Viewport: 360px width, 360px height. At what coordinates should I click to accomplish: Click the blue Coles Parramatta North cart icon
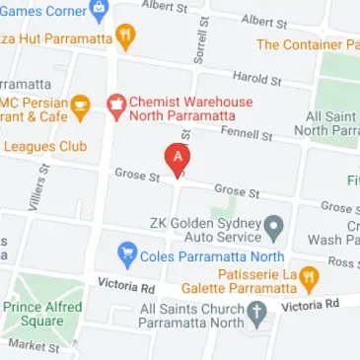[126, 256]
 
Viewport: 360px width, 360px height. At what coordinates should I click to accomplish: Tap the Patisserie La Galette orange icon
[308, 279]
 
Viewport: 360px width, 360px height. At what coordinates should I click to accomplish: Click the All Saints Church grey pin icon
[256, 316]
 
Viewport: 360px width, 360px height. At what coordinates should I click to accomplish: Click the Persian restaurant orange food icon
[81, 105]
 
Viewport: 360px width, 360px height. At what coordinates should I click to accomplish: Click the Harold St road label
[256, 76]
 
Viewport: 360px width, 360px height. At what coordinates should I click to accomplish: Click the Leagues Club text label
[44, 146]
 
